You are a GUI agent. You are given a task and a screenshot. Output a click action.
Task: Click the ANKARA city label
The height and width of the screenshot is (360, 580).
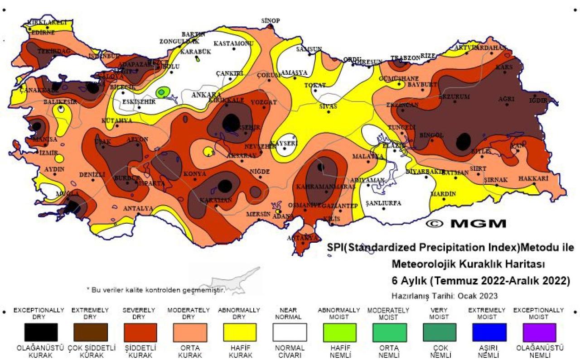pos(206,95)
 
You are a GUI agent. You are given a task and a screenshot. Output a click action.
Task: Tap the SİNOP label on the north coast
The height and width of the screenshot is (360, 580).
pos(271,21)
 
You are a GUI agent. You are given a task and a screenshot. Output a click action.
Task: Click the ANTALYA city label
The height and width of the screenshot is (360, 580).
pos(138,209)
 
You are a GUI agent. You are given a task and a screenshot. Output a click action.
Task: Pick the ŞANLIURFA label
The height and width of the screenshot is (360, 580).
pos(383,203)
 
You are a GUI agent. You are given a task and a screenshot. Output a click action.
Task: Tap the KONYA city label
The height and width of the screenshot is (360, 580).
pos(195,174)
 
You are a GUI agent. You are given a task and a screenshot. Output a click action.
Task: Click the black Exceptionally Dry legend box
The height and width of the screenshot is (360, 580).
pos(41,332)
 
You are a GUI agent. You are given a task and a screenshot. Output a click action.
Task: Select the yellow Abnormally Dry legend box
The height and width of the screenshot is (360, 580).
pos(240,332)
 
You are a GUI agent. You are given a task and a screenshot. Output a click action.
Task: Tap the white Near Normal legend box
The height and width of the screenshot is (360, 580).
pos(290,332)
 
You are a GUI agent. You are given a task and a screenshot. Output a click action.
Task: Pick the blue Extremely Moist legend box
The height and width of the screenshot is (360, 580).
pos(489,332)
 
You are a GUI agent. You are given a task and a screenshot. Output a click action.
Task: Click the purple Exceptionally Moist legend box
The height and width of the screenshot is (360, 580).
pos(539,332)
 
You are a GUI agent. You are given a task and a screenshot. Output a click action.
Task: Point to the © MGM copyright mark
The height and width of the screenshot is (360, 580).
pos(466,224)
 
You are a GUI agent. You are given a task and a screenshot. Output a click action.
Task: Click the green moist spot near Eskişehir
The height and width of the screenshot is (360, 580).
pos(162,92)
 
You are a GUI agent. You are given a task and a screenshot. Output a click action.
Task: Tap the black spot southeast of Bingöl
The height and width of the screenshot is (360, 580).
pos(463,142)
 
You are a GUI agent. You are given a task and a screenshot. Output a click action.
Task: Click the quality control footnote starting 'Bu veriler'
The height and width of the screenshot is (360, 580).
pos(155,289)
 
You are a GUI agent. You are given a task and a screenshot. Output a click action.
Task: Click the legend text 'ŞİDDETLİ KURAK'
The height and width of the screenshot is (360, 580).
pos(140,352)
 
